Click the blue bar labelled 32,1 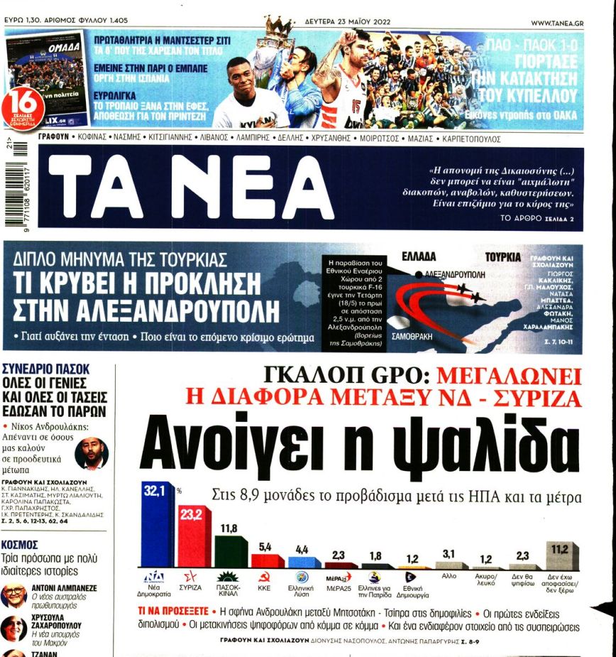[156, 529]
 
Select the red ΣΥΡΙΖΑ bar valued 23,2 [192, 543]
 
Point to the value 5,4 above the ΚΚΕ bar [265, 546]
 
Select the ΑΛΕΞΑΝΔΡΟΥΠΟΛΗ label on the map [454, 273]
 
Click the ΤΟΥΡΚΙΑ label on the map [503, 256]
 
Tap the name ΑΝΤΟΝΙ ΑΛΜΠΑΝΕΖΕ [65, 588]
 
